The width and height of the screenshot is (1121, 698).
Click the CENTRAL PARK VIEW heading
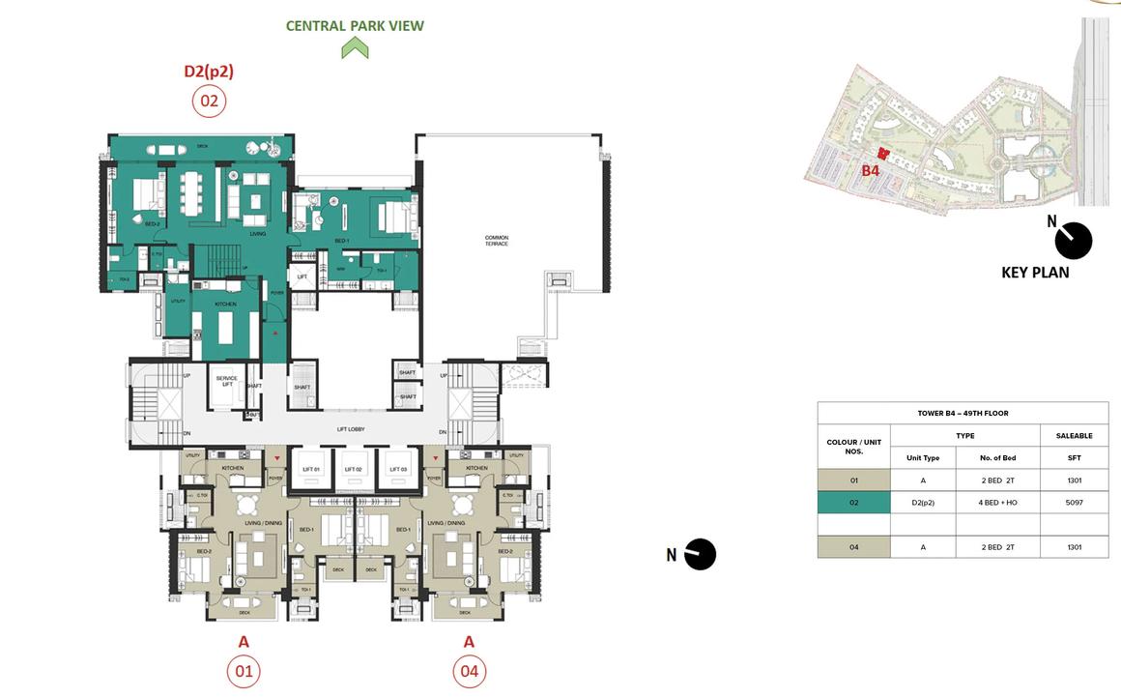coord(355,26)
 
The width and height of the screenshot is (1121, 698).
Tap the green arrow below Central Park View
coord(355,47)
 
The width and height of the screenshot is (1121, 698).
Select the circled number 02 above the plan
coord(209,101)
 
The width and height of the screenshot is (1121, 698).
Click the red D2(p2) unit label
coord(209,71)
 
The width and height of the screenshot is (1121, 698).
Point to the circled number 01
coord(244,671)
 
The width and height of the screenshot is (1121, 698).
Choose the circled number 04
coord(469,671)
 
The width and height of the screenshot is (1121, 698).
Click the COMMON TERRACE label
coord(497,241)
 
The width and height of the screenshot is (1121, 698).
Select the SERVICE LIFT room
coord(226,381)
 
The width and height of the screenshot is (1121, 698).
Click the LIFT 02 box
coord(354,469)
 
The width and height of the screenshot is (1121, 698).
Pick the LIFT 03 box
coord(396,469)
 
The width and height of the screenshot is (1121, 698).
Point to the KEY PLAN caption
coord(1035,273)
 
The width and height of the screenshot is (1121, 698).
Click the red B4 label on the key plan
coord(871,171)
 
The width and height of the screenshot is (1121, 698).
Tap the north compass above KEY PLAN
coord(1073,241)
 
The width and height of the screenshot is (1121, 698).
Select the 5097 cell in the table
coord(1074,503)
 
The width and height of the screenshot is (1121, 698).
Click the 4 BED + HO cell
coord(997,503)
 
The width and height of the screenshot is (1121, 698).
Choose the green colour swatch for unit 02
coord(853,503)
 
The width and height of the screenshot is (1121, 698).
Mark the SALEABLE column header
coord(1074,436)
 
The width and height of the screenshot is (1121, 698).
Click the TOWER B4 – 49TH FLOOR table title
coord(963,414)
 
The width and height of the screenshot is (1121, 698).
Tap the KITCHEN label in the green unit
coord(225,305)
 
